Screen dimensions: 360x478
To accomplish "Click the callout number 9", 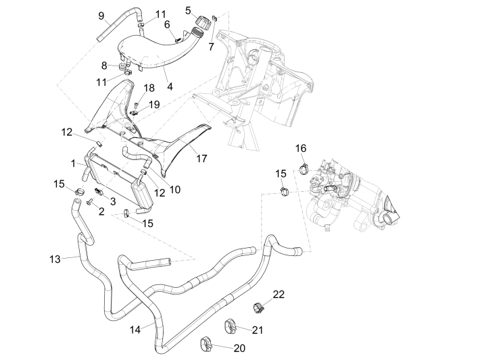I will (x=101, y=15).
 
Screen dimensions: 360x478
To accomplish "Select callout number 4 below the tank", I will (x=170, y=87).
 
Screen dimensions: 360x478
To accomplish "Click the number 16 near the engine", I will (x=301, y=148).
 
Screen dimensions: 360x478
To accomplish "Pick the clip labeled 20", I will (x=206, y=346).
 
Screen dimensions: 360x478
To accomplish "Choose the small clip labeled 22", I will (x=257, y=309).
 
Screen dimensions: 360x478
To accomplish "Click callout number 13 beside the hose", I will (x=55, y=258).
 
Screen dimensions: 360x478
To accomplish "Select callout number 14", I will (x=136, y=329).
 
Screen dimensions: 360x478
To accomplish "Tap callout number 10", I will (x=175, y=190).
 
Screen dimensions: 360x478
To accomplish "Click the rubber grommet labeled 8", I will (x=123, y=68).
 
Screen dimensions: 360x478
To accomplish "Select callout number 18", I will (x=149, y=88).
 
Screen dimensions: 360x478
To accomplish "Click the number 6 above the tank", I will (x=167, y=24).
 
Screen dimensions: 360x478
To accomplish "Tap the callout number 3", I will (x=113, y=201).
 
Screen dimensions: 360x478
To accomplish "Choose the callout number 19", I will (x=154, y=104).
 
